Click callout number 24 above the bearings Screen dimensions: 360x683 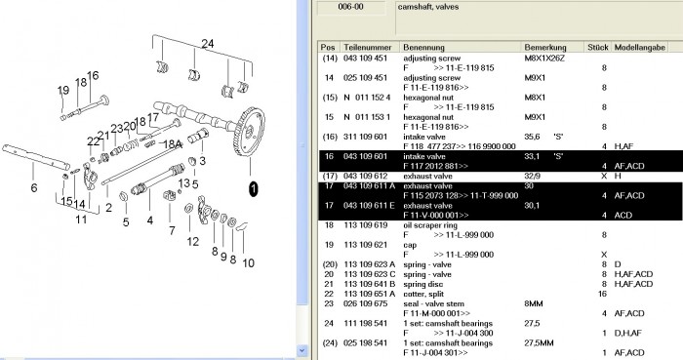point(206,43)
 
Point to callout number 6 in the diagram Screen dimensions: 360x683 point(33,188)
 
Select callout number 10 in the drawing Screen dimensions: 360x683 point(248,262)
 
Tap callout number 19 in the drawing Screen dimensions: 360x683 point(62,91)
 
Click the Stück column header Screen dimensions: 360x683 point(597,47)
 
